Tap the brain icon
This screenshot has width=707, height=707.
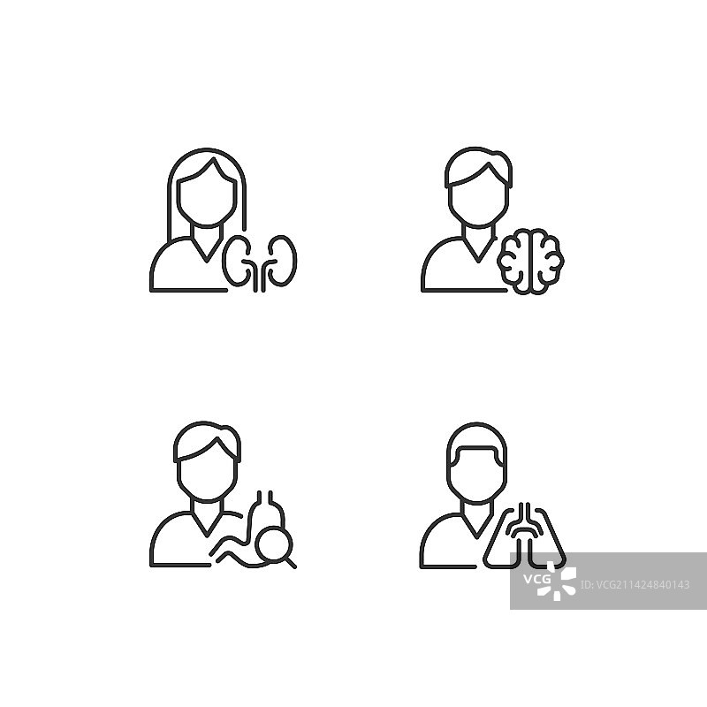[x=531, y=262]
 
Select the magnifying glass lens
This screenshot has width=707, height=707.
[x=274, y=543]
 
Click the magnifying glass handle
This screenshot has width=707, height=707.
[x=291, y=563]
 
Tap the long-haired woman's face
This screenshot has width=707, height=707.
[x=207, y=198]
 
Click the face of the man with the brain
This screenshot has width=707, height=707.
[x=478, y=203]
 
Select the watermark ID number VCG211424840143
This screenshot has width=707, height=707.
[x=635, y=585]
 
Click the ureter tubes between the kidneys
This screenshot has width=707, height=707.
[x=260, y=275]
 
